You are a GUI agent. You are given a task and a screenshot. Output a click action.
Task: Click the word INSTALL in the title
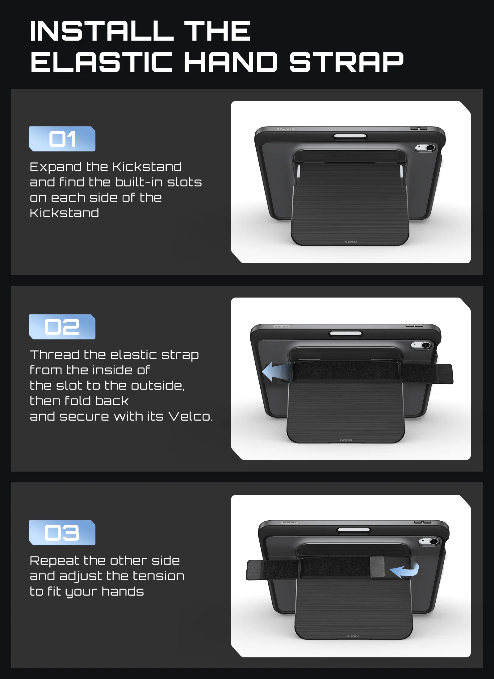coord(102,31)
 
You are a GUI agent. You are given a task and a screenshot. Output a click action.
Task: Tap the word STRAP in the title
coord(346,62)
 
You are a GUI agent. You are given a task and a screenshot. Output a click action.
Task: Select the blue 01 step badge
coord(62,139)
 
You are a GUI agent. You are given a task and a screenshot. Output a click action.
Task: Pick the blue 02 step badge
coord(62,327)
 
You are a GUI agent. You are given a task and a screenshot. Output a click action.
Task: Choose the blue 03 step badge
coord(62,533)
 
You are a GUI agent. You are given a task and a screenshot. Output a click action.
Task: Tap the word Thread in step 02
coord(55,355)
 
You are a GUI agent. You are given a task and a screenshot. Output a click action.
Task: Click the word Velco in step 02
coord(190,417)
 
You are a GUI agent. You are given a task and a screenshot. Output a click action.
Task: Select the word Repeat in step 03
coord(54,561)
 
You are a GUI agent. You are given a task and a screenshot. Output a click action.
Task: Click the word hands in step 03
coord(123,591)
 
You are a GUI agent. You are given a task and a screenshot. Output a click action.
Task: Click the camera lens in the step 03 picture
coord(434,542)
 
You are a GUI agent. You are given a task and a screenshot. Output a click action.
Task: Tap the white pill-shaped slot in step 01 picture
coord(350,136)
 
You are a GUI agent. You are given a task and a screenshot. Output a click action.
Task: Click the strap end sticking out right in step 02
coord(427,374)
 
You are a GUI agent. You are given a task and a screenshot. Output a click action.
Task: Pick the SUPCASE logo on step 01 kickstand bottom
coord(351,242)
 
